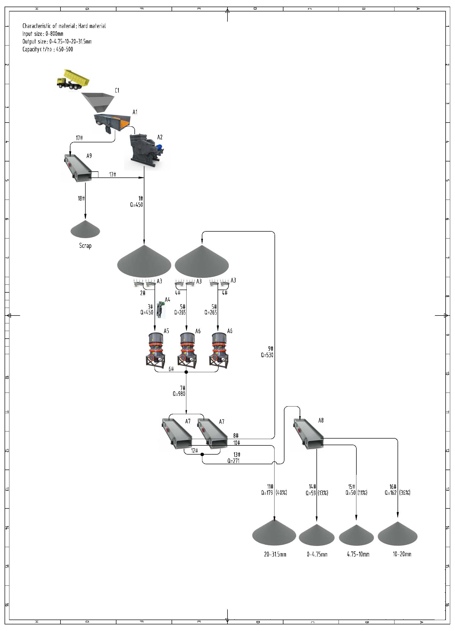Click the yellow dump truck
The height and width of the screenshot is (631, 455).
[73, 80]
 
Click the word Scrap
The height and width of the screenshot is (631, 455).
[85, 246]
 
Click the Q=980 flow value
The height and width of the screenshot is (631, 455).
[179, 394]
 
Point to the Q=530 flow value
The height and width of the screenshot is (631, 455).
[267, 355]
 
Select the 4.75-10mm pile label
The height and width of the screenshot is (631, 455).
[358, 554]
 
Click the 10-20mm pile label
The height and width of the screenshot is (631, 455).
[402, 554]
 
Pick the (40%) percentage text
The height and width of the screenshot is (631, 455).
[281, 493]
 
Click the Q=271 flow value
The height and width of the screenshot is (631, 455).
[233, 461]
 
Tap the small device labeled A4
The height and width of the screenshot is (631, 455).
[160, 310]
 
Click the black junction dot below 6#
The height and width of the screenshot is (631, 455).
[186, 372]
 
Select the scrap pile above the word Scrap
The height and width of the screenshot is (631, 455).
[85, 230]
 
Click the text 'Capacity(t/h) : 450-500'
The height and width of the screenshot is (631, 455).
[48, 49]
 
